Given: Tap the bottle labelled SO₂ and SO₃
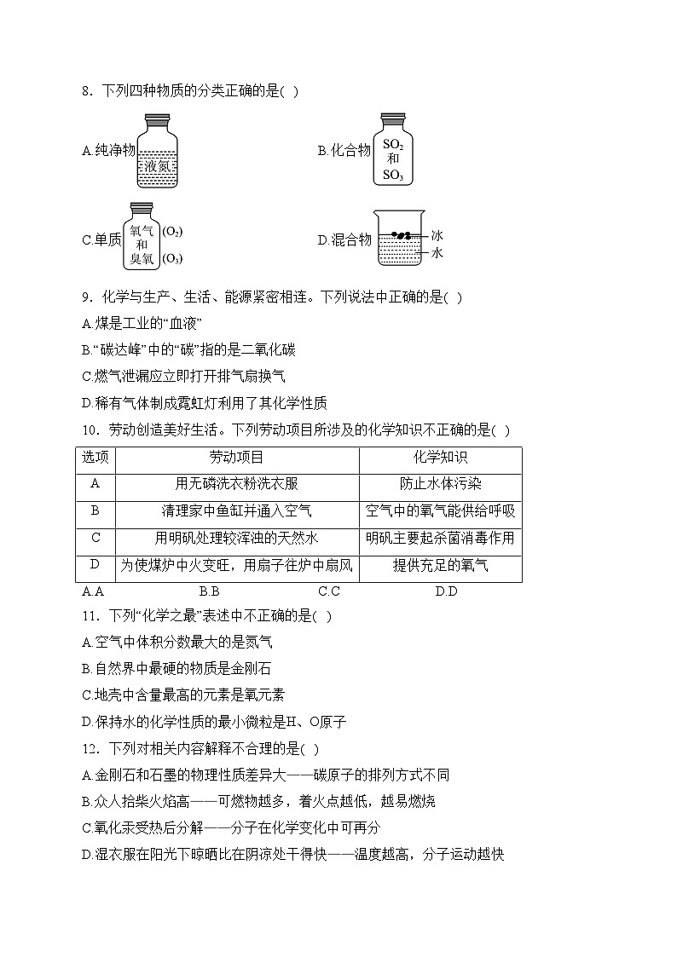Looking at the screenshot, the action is [x=392, y=152].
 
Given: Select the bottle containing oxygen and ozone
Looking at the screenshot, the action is [x=142, y=237].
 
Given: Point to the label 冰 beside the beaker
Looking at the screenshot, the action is [x=437, y=235].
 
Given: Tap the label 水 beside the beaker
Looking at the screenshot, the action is [x=437, y=253].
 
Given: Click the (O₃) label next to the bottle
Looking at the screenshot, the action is [x=173, y=258].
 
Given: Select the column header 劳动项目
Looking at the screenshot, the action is [x=236, y=458].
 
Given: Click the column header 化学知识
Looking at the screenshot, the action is [x=440, y=458].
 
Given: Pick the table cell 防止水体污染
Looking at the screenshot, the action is [x=440, y=484].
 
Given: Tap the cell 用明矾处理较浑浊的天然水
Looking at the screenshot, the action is [x=236, y=538].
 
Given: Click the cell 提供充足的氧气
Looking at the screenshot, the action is [x=440, y=565].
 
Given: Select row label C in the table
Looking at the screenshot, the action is [x=96, y=538].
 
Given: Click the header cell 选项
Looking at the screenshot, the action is [x=96, y=458].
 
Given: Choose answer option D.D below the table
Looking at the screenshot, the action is [x=446, y=591].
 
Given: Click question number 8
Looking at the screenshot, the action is [x=87, y=91].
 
